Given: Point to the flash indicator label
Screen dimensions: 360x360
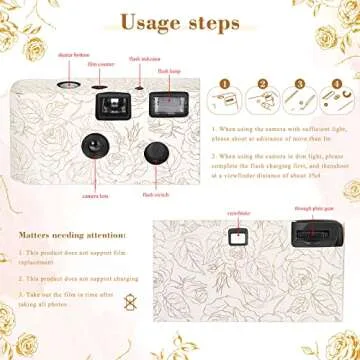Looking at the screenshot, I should tap(142, 60).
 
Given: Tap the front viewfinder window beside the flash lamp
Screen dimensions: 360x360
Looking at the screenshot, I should tap(104, 104).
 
